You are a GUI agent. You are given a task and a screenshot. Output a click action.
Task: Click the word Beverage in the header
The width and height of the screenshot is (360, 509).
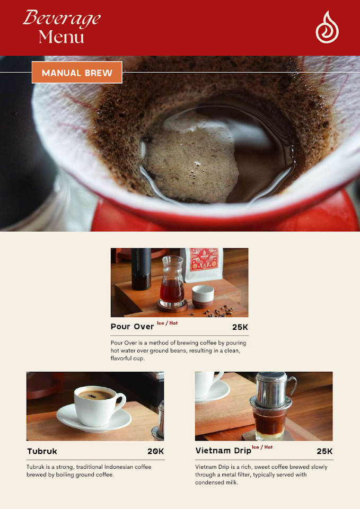coord(62,18)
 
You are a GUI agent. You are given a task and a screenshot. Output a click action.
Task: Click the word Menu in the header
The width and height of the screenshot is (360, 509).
coord(62,37)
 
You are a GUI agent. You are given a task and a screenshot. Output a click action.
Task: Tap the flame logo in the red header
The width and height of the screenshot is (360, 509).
coord(327,27)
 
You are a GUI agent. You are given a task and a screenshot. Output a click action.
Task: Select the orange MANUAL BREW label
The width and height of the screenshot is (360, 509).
coord(77,73)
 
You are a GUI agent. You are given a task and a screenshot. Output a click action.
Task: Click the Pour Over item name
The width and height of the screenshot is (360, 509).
coord(132,327)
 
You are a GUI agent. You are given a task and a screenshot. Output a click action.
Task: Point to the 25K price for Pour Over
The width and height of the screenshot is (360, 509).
coord(240,327)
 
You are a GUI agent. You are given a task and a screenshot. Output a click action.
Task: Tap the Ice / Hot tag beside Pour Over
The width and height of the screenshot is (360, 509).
coord(167,323)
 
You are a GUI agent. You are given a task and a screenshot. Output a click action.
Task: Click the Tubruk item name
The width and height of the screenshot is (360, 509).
coord(42,451)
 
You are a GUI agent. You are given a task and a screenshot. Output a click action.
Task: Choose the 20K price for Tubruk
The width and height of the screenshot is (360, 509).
coord(155,451)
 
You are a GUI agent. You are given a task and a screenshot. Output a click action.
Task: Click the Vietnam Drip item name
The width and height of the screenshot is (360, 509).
coord(223,451)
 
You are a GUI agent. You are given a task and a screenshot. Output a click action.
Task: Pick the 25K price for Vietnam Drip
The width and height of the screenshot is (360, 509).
coord(324,451)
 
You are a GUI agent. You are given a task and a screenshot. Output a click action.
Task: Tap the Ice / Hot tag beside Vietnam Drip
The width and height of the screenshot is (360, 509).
coord(262,447)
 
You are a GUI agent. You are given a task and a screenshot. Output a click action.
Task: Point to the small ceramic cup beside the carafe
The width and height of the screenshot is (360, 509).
coord(203,296)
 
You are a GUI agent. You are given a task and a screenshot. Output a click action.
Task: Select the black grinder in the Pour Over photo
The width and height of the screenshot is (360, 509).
coord(141,269)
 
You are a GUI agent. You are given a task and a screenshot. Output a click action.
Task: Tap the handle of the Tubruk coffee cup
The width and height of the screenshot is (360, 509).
coord(121,402)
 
